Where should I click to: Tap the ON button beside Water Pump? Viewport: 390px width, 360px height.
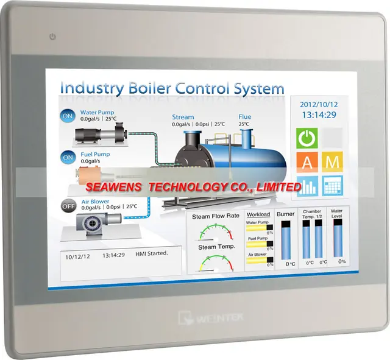68,116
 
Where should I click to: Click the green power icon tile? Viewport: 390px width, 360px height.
307,138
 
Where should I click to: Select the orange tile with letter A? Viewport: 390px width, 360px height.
307,161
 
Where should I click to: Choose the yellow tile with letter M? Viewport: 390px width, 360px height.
333,161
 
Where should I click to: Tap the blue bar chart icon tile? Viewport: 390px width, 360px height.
307,185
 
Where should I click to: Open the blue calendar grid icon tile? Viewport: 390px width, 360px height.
333,185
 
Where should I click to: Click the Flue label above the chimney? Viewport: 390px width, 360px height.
244,117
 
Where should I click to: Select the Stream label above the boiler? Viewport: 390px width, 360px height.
182,117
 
